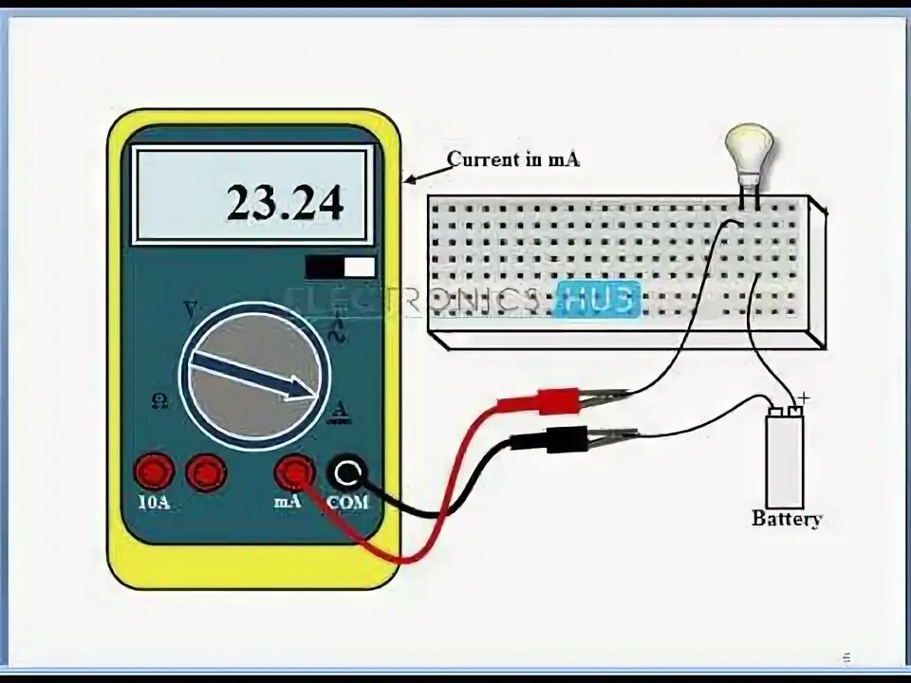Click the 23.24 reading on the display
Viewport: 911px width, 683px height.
284,202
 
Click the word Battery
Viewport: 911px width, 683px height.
786,519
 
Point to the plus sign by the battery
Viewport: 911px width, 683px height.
805,399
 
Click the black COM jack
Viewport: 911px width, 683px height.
347,471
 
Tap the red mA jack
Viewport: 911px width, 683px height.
294,471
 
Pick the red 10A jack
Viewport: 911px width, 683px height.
153,471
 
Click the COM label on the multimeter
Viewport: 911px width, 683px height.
347,502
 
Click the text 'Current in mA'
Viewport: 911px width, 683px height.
513,159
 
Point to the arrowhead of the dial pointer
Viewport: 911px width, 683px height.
312,388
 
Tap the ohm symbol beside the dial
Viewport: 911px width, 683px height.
158,401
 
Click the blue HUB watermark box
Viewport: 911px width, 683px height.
597,297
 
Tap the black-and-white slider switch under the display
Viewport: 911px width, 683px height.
340,268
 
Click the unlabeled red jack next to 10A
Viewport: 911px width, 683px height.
206,471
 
